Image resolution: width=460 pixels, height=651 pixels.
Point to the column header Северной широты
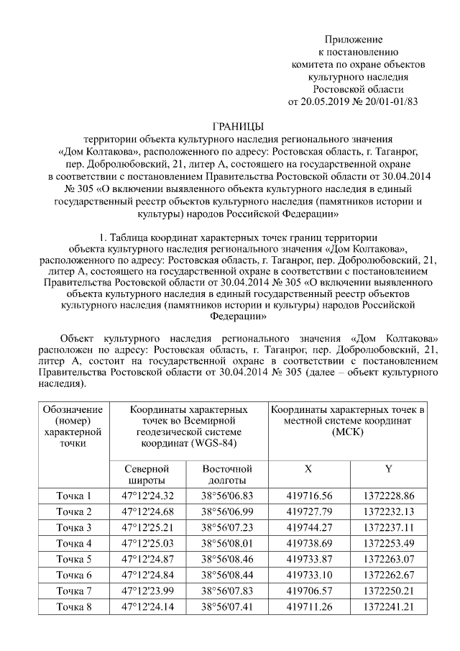147,474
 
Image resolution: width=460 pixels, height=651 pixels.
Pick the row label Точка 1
74,496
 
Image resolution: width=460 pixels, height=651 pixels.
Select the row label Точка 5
74,558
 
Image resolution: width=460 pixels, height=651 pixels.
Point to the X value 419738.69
309,542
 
